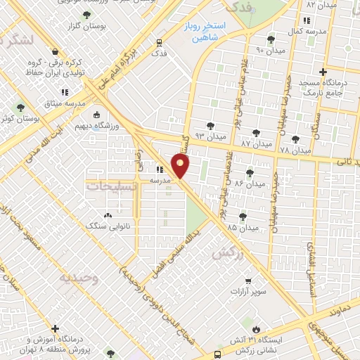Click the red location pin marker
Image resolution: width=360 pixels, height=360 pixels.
click(x=181, y=167)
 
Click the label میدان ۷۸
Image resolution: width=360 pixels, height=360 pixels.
click(x=295, y=150)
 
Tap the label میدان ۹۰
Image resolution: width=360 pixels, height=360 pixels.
click(x=269, y=50)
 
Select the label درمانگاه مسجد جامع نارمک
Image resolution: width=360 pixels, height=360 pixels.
click(x=324, y=88)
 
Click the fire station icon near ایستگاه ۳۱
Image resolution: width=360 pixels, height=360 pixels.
click(x=255, y=328)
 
